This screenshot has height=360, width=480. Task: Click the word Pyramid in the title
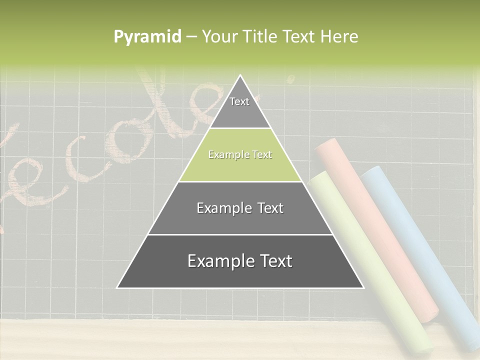tap(147, 37)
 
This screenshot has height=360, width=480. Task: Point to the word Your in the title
tap(219, 36)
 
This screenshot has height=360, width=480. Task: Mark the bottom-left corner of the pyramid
tap(117, 287)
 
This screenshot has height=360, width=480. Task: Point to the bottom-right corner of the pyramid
tap(363, 287)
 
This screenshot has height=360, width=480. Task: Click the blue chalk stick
tap(425, 250)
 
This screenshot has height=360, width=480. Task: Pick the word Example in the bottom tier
tap(217, 261)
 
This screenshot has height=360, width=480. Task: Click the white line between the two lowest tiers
tap(240, 234)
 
